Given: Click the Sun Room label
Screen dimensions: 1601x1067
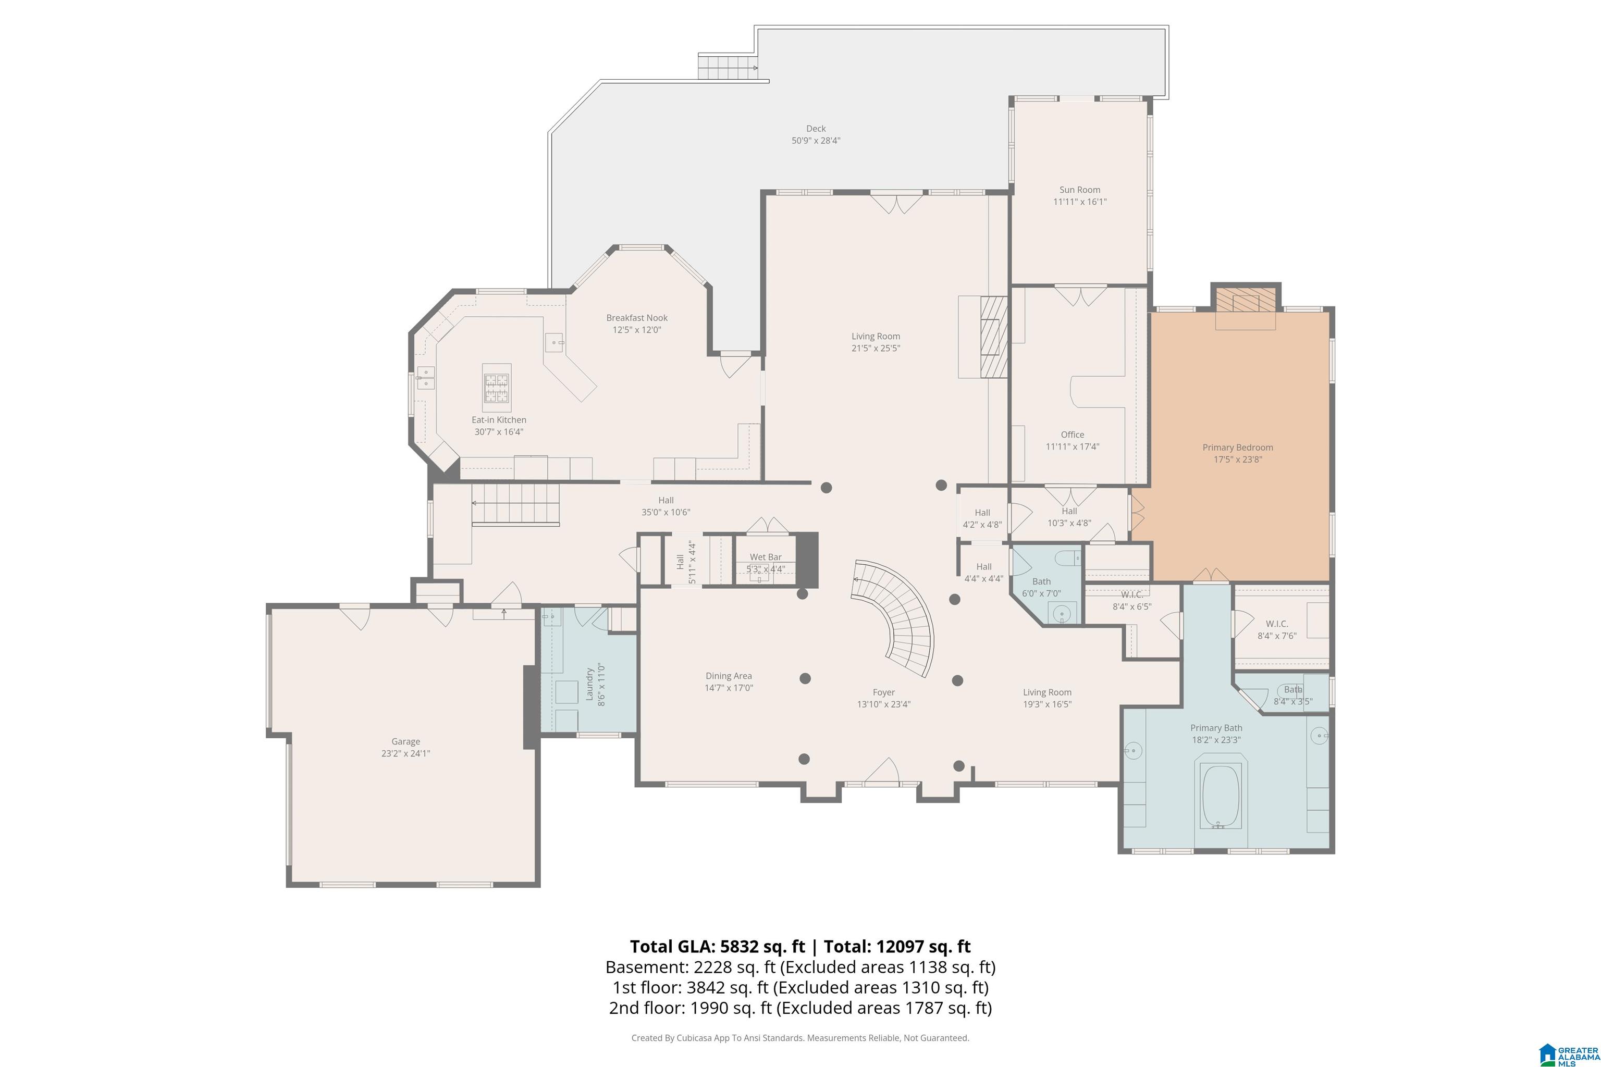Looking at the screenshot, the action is [x=1080, y=190].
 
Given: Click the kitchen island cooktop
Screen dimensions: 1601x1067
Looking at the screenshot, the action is [x=496, y=388].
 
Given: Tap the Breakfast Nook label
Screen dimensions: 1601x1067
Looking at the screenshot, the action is [x=637, y=318].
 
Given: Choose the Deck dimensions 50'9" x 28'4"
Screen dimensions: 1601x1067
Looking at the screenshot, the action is [x=816, y=141].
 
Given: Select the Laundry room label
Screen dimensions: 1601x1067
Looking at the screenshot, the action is [x=589, y=684].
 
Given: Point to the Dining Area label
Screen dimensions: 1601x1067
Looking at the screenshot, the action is [x=729, y=676].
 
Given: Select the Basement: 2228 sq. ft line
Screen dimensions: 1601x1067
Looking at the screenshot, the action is [x=683, y=967].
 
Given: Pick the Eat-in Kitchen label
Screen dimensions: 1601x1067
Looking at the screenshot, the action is [x=499, y=420].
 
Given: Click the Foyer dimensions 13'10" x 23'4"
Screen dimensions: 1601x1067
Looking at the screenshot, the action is [x=883, y=704].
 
